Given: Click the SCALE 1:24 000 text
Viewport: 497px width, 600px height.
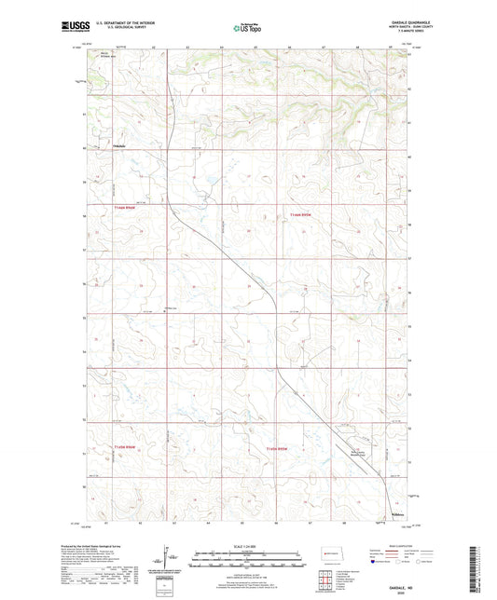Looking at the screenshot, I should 247,545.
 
